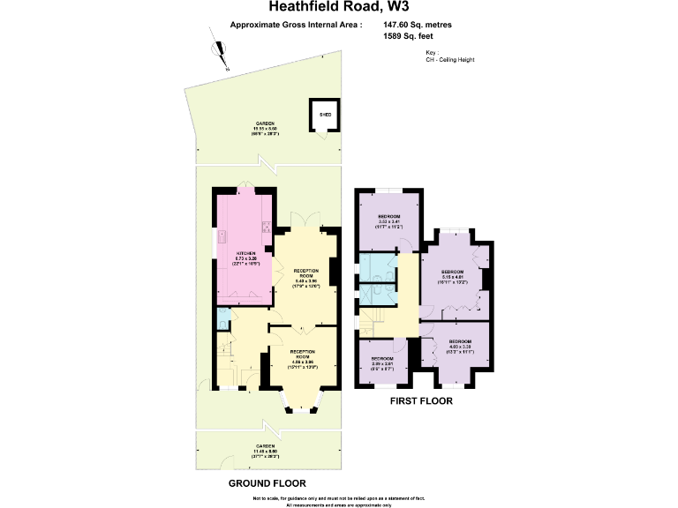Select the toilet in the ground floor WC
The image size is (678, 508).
[x=222, y=316]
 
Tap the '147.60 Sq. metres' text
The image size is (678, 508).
[x=418, y=26]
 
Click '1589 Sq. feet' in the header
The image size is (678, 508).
[x=408, y=38]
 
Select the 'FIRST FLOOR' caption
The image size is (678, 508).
[x=421, y=401]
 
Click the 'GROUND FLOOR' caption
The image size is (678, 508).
[x=267, y=483]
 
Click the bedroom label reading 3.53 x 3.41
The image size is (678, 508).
[x=390, y=221]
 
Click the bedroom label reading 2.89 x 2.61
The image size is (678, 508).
[x=382, y=361]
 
